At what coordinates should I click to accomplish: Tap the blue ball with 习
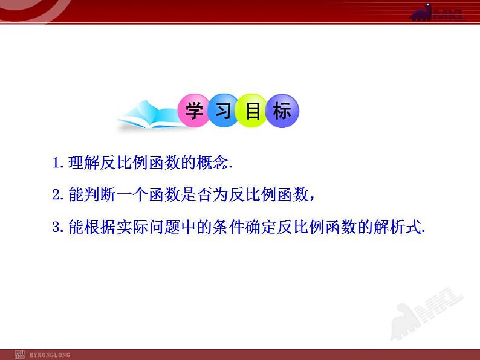click(x=223, y=111)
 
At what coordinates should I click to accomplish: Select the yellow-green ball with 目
click(x=253, y=111)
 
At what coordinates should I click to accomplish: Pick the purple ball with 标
click(x=282, y=111)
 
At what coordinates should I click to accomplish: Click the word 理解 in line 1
click(x=82, y=162)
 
